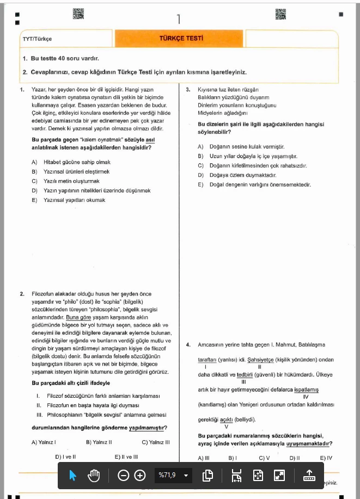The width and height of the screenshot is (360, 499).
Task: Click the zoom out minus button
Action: click(x=124, y=476)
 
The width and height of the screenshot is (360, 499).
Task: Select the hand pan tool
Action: click(x=94, y=476)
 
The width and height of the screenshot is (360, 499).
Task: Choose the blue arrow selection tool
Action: click(x=73, y=476)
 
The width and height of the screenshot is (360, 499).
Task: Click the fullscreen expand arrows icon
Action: click(x=279, y=476)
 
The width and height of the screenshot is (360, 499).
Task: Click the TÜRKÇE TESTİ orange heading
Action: click(x=181, y=39)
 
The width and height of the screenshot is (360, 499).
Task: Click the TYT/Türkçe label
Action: click(x=37, y=39)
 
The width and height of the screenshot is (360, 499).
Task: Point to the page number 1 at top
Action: click(x=179, y=19)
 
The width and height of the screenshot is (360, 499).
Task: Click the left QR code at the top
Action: click(x=78, y=14)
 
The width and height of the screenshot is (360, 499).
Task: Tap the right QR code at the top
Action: click(x=280, y=14)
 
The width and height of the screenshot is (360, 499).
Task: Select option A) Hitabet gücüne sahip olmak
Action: click(x=71, y=162)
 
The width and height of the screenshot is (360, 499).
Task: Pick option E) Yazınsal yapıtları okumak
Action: click(x=68, y=200)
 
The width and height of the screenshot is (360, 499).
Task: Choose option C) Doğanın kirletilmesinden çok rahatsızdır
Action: click(x=259, y=165)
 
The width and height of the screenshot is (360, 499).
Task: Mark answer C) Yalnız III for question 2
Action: click(x=155, y=442)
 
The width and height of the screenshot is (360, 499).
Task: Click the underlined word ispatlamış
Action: click(x=306, y=390)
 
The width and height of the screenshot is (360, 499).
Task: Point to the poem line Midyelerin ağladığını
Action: click(x=222, y=113)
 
